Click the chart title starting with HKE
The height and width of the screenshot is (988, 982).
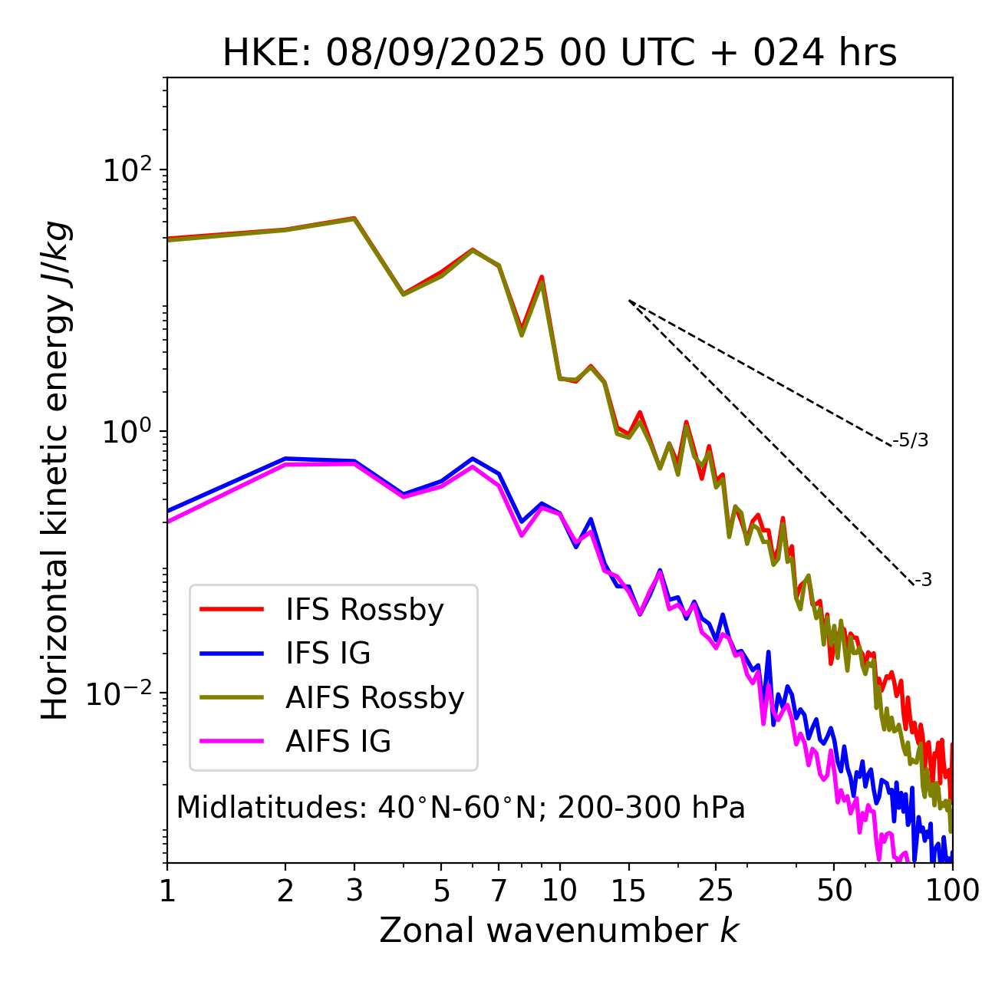(x=559, y=53)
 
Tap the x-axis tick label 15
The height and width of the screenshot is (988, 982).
(x=628, y=891)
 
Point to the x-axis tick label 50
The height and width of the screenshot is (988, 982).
(x=834, y=891)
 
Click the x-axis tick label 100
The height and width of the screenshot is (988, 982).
(x=951, y=891)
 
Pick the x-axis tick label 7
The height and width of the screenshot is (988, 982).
(x=499, y=891)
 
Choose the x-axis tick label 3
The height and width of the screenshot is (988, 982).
(x=354, y=891)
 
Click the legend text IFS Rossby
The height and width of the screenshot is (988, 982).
(x=364, y=610)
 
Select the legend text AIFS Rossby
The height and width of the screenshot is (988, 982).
(x=374, y=698)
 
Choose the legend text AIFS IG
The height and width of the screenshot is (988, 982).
(x=338, y=742)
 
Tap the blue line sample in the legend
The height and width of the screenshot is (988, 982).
(x=232, y=654)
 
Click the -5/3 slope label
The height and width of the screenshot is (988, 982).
(x=911, y=440)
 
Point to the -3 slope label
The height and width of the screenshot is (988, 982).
(x=923, y=580)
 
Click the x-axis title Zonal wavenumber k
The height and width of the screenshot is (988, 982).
(x=559, y=930)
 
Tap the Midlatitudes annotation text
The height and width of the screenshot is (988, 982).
(x=460, y=808)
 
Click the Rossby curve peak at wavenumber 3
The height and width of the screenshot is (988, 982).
(x=354, y=219)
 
